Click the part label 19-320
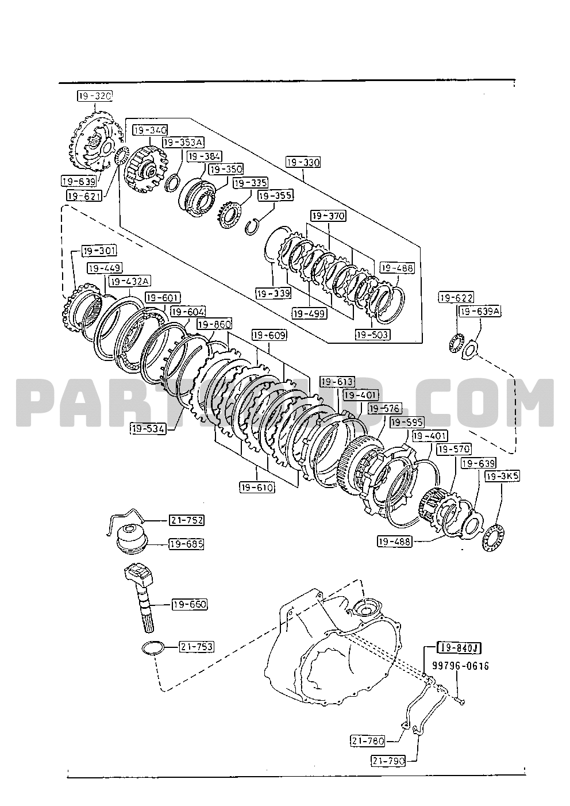[95, 96]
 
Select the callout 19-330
[303, 162]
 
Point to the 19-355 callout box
[276, 196]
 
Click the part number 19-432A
[130, 281]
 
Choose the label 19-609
[269, 335]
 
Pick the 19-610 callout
[257, 488]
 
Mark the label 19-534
[148, 428]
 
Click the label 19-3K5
[502, 476]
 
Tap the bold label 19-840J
[459, 648]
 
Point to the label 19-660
[189, 604]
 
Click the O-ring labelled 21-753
[152, 647]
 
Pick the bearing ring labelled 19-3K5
[492, 537]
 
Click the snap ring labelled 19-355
[251, 226]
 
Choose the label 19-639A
[479, 311]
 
